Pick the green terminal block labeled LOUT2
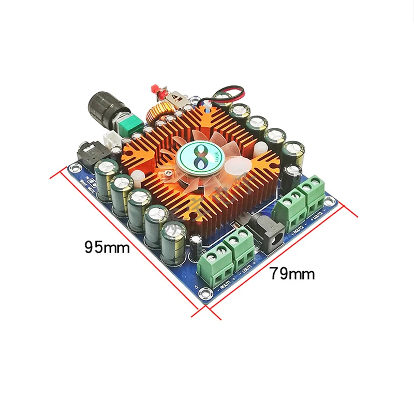coord(314,193)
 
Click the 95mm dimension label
coord(107,247)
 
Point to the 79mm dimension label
coord(292,273)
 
